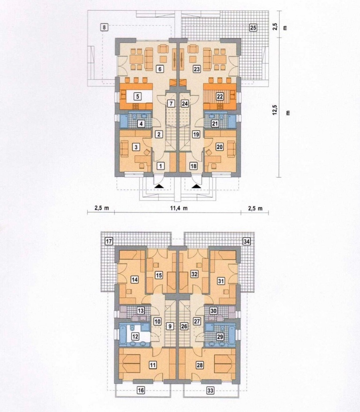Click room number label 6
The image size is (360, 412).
(x=160, y=69)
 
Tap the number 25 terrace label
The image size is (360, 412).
(x=253, y=27)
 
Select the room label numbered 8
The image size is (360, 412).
(x=105, y=27)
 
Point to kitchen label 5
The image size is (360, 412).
(x=137, y=97)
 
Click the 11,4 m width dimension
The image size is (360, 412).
(x=179, y=208)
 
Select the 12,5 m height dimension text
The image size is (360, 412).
(x=275, y=108)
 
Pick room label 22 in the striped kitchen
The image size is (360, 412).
(x=220, y=97)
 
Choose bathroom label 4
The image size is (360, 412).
(x=141, y=123)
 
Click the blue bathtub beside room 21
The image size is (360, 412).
(x=232, y=121)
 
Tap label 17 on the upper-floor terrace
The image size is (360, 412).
(x=109, y=241)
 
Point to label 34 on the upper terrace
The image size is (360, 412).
(x=247, y=241)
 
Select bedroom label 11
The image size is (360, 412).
(x=153, y=365)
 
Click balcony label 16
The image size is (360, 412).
(x=141, y=390)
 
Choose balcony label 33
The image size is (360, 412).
(x=210, y=390)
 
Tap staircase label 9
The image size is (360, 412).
(x=170, y=326)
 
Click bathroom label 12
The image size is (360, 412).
(x=135, y=336)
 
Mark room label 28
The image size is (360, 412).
(x=200, y=365)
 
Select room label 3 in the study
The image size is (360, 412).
(x=136, y=147)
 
